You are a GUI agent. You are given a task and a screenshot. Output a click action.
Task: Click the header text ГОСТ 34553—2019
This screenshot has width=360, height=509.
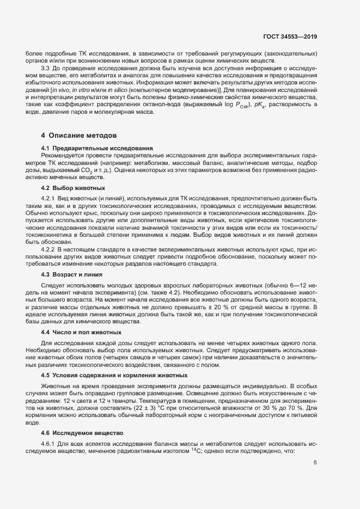pyautogui.click(x=291, y=36)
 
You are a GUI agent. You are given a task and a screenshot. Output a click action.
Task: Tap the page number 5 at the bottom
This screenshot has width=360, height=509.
pyautogui.click(x=315, y=463)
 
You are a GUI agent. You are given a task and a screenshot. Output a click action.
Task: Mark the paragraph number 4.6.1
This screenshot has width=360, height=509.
pyautogui.click(x=50, y=444)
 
